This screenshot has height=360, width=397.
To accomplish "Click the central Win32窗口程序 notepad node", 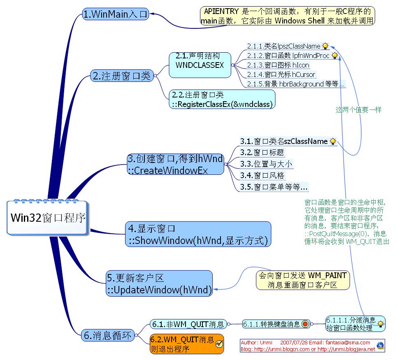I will (48, 218).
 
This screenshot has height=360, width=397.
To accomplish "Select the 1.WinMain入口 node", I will (115, 14).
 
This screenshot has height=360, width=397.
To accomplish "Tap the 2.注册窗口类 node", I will (121, 76).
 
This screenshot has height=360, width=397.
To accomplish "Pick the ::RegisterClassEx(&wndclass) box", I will (222, 100).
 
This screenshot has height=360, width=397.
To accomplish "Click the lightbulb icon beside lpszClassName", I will (325, 46).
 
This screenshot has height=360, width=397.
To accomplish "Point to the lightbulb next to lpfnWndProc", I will (334, 56).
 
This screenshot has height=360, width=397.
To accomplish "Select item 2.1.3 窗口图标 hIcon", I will (278, 65).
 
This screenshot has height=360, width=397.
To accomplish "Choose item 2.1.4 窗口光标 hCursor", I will (281, 74).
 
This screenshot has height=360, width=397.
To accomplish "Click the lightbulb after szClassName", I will (333, 142).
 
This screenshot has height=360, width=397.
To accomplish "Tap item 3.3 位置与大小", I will (266, 164).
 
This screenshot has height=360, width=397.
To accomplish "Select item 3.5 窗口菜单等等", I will (274, 187).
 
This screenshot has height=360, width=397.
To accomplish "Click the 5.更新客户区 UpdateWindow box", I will (160, 283).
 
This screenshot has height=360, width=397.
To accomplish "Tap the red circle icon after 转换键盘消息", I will (305, 324).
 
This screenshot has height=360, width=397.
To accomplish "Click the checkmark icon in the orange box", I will (219, 344).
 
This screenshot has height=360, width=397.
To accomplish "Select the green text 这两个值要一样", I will (358, 110).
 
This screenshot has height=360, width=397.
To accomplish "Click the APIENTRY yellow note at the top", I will (288, 16).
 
